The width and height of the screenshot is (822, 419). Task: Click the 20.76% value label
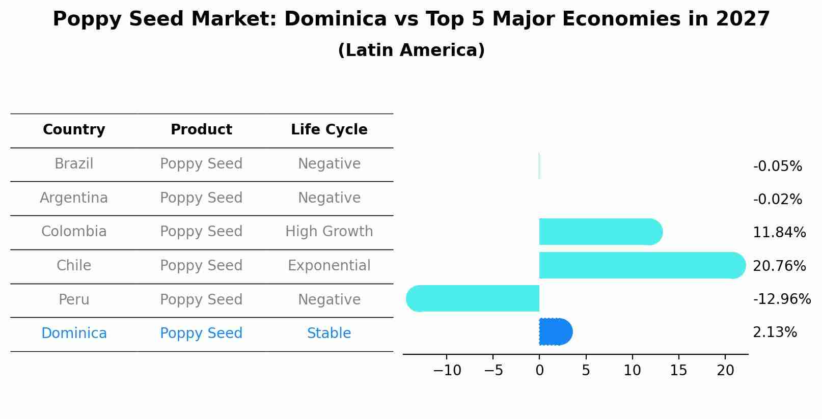(x=779, y=266)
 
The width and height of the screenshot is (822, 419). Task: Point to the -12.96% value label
(x=781, y=299)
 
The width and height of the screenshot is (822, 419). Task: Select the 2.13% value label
(x=774, y=332)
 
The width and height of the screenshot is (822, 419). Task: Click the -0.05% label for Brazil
(x=777, y=166)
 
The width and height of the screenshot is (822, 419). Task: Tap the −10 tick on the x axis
(x=447, y=371)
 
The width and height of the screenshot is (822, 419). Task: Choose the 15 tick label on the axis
(x=678, y=371)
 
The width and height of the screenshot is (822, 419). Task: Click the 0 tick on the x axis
(x=539, y=371)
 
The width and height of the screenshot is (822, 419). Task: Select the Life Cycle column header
(x=329, y=130)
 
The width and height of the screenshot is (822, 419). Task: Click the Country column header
(x=74, y=130)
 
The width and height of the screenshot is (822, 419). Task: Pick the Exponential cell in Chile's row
(x=329, y=266)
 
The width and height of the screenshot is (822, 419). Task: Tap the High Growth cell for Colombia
(x=329, y=232)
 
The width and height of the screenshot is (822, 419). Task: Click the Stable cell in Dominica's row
(x=329, y=333)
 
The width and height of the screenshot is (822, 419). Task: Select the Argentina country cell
(x=74, y=198)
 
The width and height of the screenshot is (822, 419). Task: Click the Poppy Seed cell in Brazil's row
(x=201, y=164)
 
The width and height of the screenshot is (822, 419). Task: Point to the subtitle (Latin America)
(x=411, y=50)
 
